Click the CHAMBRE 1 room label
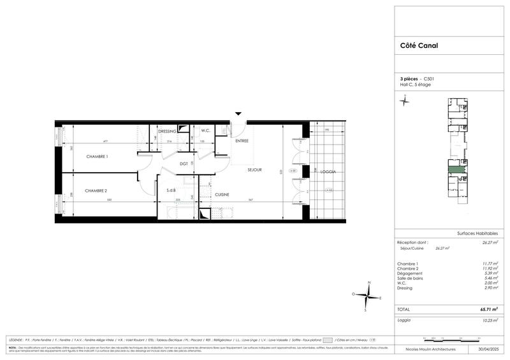(x=98, y=157)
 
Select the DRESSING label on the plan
(x=167, y=131)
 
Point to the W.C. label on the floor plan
(x=205, y=131)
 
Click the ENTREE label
(x=242, y=140)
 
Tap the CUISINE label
(x=222, y=194)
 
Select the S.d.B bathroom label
(x=171, y=191)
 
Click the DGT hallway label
(x=184, y=164)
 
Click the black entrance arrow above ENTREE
(x=238, y=114)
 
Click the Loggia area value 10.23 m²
(x=490, y=320)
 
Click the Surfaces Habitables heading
(x=477, y=233)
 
